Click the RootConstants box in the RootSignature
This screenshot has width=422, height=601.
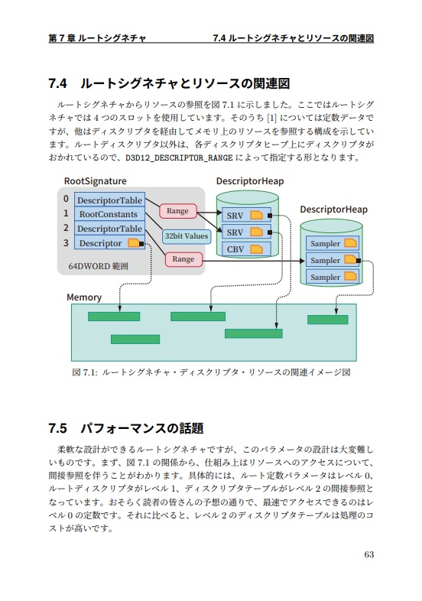click(108, 214)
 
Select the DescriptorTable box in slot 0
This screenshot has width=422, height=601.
click(108, 200)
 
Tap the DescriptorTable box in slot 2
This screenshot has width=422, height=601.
click(108, 229)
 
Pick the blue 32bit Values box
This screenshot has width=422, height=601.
click(186, 236)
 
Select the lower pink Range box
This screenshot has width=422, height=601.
click(183, 259)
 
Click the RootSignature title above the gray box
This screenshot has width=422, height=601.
click(95, 180)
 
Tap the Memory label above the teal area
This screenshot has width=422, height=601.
click(83, 297)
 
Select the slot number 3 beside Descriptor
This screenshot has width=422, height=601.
click(66, 243)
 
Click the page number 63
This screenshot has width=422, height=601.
click(368, 554)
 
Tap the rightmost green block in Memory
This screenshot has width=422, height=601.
click(327, 320)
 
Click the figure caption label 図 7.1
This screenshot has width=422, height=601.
click(81, 372)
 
